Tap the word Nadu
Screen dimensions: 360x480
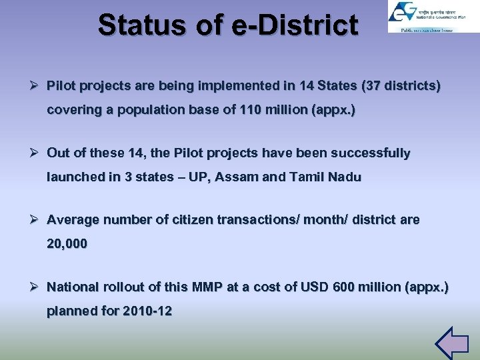click(x=345, y=177)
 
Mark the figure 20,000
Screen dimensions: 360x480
click(x=67, y=244)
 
